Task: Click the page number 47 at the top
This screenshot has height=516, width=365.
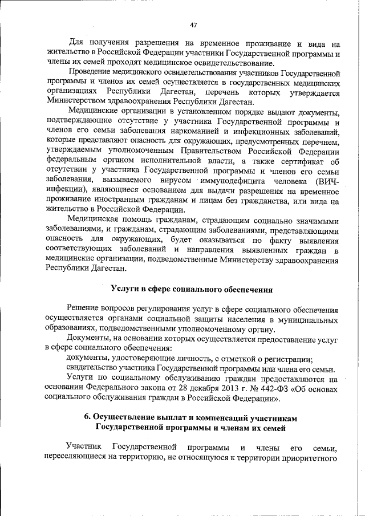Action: pos(193,25)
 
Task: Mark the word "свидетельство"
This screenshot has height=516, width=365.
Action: pos(94,368)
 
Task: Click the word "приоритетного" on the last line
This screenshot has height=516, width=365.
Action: pos(309,456)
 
